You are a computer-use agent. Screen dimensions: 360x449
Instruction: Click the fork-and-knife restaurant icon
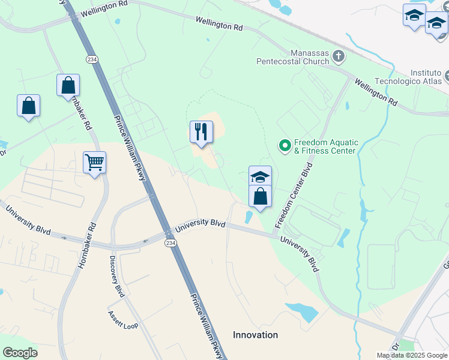tap(201, 132)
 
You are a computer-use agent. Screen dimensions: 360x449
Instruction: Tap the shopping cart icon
tap(94, 162)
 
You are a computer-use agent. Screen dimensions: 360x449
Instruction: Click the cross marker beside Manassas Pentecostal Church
tap(339, 57)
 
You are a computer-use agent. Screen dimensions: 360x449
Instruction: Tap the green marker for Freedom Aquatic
tap(285, 145)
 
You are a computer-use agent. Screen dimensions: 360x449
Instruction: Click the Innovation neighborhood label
tap(256, 335)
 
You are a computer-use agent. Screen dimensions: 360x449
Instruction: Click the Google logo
tap(20, 353)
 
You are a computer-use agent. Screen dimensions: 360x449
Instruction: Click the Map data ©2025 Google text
tap(412, 355)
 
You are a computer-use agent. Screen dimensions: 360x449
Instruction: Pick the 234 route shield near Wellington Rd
tap(92, 59)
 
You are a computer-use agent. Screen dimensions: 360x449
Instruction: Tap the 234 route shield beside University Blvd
tap(170, 242)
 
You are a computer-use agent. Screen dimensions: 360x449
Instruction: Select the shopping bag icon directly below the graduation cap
tap(260, 196)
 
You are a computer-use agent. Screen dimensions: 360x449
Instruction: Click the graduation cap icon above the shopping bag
tap(260, 176)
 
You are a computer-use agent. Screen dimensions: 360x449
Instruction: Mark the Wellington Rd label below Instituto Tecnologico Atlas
tap(376, 92)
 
